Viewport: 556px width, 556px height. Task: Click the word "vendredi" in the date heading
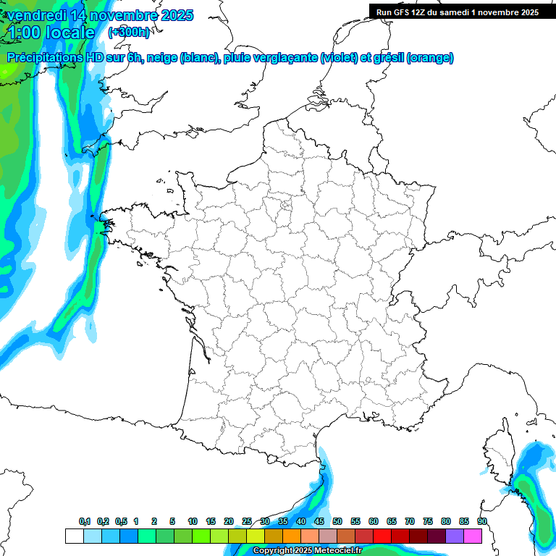pos(36,15)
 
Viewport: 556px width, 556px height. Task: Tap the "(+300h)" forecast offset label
pos(130,32)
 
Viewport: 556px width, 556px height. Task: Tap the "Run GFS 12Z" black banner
pos(457,12)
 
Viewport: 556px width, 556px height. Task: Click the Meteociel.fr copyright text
pos(308,551)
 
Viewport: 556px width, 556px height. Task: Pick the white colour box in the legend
pos(74,536)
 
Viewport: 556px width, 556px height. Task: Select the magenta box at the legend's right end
pos(473,536)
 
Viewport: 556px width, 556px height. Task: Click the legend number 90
pos(481,521)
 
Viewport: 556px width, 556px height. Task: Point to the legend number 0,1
pos(85,521)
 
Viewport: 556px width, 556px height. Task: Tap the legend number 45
pos(319,521)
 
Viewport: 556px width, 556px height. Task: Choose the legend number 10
pos(192,521)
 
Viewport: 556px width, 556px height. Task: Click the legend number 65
pos(392,521)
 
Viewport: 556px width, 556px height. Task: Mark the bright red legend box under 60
pos(382,536)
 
